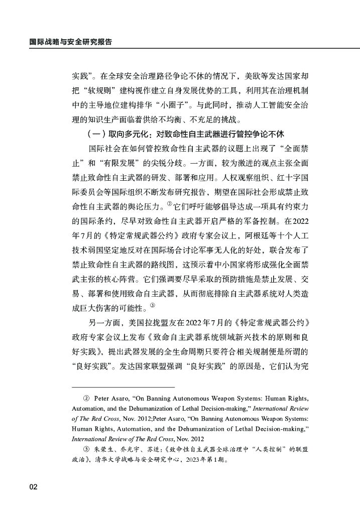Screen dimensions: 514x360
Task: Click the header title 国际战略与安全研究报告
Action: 70,42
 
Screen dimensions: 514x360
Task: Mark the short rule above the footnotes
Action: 123,387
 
